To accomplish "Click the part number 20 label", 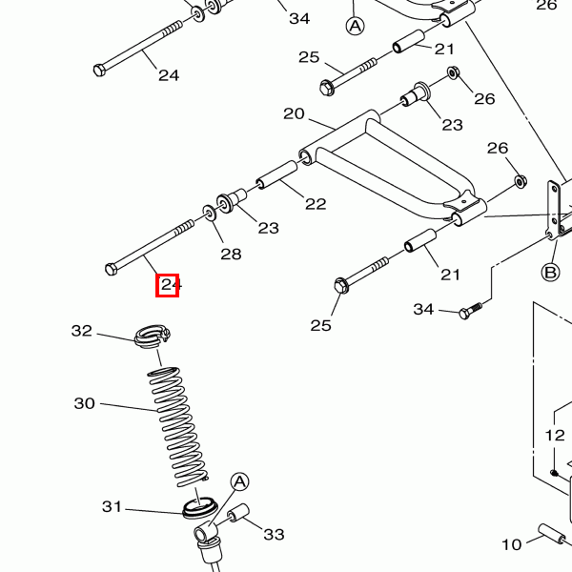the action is point(294,113).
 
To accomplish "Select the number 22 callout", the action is point(316,204).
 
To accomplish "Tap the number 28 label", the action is point(231,254).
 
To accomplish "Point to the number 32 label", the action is point(82,331).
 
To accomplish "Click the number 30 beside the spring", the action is point(84,403).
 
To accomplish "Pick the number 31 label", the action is point(112,507).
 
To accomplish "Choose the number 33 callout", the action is point(274,535).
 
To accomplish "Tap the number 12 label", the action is point(555,436).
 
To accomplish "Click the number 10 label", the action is point(512,545).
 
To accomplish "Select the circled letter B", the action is point(550,273).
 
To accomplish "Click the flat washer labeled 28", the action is point(210,213).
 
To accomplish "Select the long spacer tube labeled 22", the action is point(276,174).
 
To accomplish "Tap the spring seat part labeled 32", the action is point(153,336).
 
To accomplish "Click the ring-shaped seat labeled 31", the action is point(200,507).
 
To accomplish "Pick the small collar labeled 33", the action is point(238,513).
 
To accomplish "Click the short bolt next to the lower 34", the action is point(470,311).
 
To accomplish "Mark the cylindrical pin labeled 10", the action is point(552,541).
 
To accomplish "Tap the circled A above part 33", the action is point(239,482).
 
